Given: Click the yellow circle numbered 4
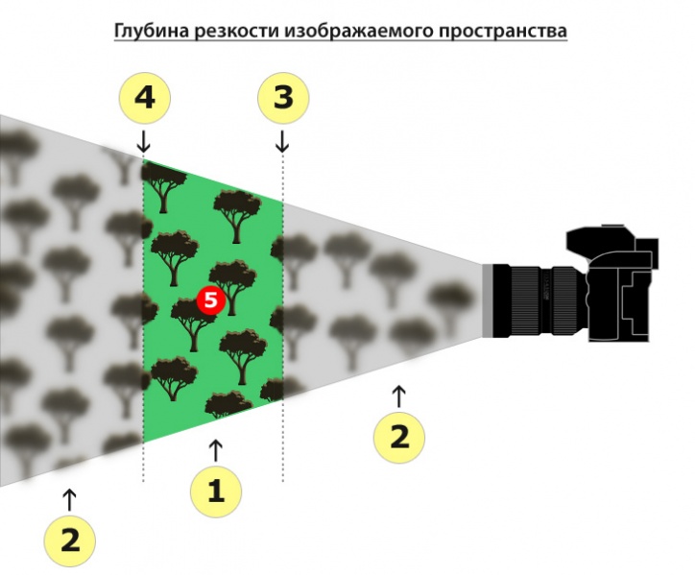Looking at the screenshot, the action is coord(145,98).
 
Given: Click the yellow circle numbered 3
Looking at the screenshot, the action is coord(283,98).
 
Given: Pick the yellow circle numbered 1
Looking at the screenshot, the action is coord(216,491).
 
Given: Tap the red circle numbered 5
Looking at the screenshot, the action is coord(211,300).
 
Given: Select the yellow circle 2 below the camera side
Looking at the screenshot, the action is coord(399,437).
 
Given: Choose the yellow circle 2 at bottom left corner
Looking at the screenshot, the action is coord(69,540).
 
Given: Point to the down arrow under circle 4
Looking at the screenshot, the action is coord(144,141).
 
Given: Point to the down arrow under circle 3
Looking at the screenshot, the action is coord(282,141).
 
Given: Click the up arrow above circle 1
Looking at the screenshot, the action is coord(215,451).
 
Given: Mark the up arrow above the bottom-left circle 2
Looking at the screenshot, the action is coord(69,500).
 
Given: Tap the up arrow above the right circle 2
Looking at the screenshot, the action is coord(399,396).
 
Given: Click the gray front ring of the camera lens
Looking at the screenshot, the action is coord(488,300).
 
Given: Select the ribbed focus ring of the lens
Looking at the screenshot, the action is coord(531,300).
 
